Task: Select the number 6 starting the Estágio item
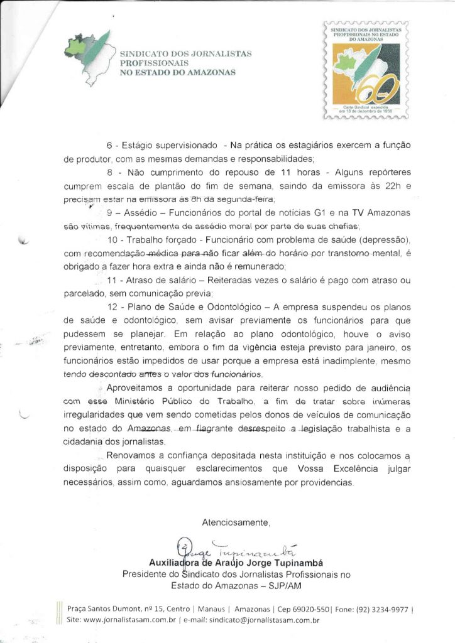tap(109, 146)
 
